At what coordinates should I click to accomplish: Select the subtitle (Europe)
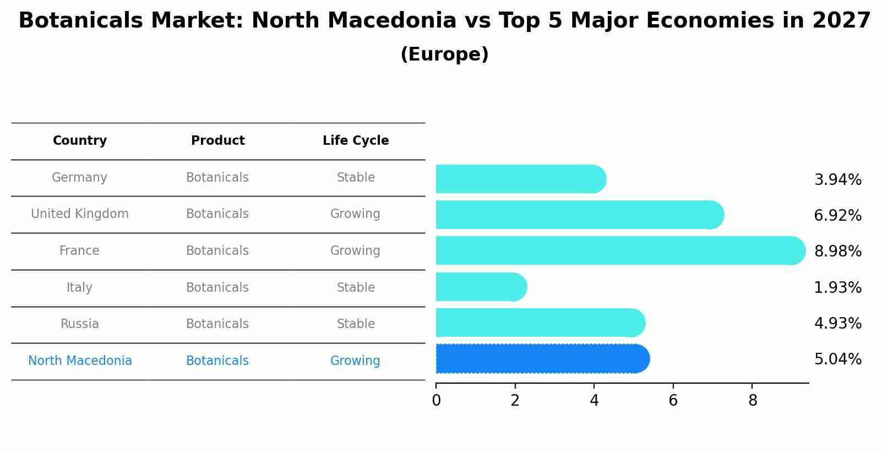(444, 54)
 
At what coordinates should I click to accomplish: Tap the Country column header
(80, 141)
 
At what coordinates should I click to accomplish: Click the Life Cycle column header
(356, 141)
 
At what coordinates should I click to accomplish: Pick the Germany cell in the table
(79, 178)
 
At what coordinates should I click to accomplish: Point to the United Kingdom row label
(80, 214)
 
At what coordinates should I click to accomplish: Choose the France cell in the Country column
(79, 251)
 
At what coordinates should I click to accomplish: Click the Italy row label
(79, 288)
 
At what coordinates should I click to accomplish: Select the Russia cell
(80, 324)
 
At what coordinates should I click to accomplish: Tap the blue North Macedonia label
(80, 361)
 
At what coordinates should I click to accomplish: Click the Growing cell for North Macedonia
(355, 361)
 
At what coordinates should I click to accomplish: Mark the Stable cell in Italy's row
(356, 288)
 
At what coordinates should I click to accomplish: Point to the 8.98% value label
(837, 252)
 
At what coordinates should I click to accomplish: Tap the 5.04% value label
(837, 359)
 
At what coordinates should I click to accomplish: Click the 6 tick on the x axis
(673, 401)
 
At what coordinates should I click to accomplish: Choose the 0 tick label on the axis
(437, 401)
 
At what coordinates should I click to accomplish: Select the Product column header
(218, 141)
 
